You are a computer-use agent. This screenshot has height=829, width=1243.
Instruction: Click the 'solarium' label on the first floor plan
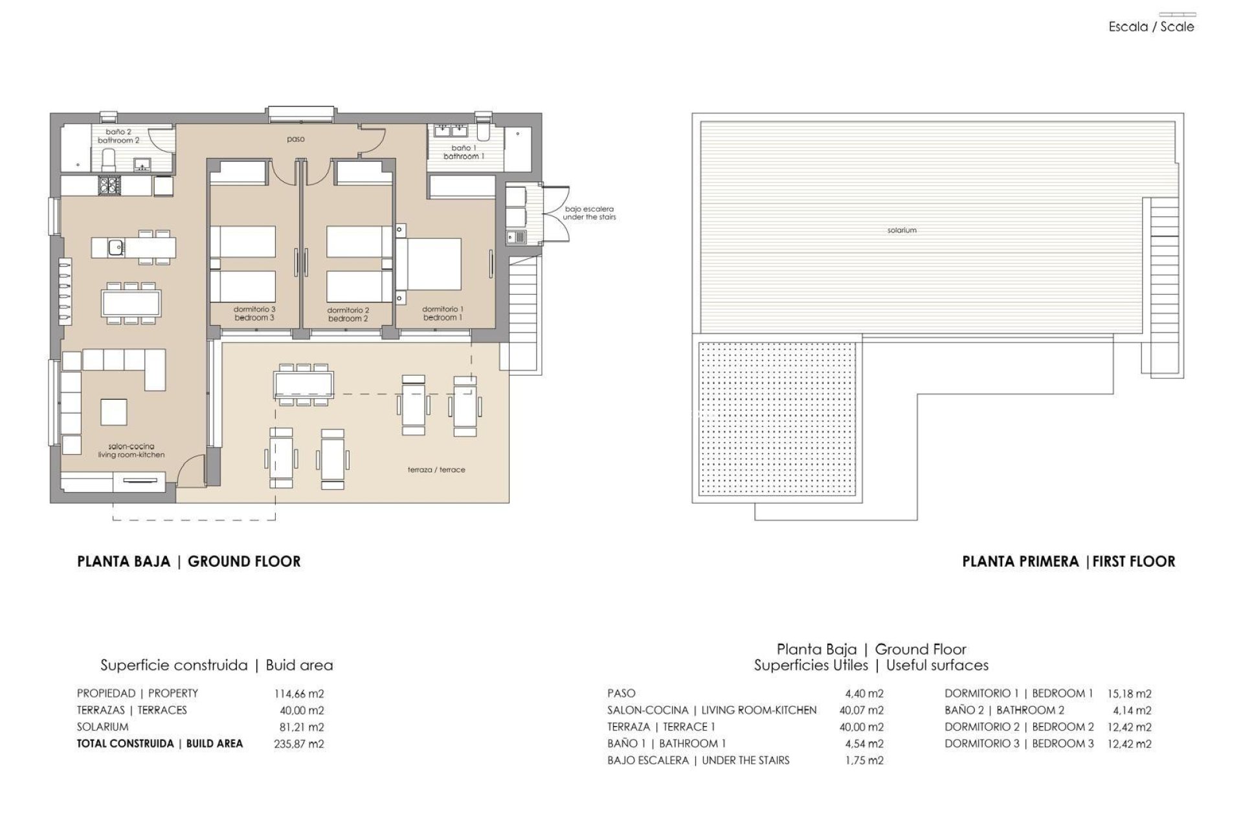[x=902, y=230]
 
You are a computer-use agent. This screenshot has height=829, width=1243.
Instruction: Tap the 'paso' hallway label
[x=296, y=139]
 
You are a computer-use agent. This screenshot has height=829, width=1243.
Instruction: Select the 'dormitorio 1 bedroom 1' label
[x=443, y=313]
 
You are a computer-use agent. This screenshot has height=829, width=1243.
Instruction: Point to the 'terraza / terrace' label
[x=436, y=470]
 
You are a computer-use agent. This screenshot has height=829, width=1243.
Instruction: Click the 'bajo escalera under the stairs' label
[x=589, y=213]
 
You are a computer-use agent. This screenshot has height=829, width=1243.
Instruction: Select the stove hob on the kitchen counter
[x=107, y=187]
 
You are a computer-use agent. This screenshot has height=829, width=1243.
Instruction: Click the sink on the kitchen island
[x=116, y=247]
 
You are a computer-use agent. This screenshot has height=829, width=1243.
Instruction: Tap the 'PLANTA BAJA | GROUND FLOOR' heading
[x=188, y=562]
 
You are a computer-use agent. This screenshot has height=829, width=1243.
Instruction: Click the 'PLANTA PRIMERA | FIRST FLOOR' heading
[x=1068, y=562]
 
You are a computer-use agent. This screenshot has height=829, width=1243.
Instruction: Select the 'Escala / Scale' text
[x=1151, y=27]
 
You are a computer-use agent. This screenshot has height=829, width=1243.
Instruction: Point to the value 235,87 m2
[x=299, y=744]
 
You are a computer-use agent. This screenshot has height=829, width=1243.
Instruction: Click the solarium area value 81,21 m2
[x=301, y=727]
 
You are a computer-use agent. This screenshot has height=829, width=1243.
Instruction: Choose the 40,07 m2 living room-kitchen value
[x=864, y=710]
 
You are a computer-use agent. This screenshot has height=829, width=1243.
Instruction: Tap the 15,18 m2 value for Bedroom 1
[x=1130, y=693]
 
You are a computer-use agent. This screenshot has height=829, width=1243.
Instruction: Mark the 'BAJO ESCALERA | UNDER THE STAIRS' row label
[x=698, y=760]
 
